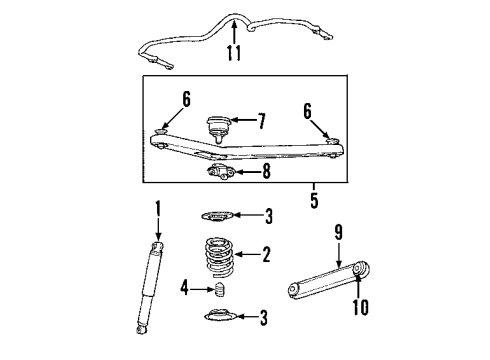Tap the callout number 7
[261, 122]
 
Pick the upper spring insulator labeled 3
[218, 215]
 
